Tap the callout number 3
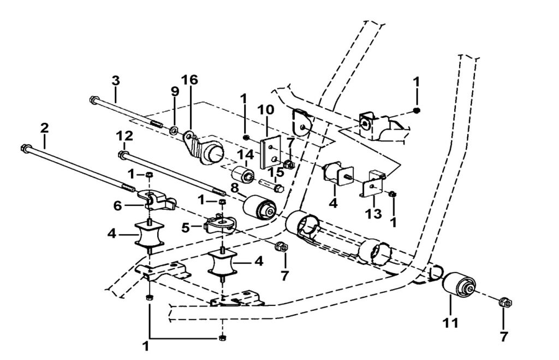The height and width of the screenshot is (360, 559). point(115,80)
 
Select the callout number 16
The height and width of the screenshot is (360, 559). point(189,80)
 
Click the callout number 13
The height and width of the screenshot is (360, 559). point(373,214)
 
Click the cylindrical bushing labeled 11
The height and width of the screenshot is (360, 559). point(458,285)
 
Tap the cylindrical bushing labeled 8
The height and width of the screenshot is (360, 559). point(259,208)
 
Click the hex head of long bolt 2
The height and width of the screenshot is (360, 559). point(25,147)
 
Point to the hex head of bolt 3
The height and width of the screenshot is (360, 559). point(93,100)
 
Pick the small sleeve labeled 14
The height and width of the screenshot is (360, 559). point(243,174)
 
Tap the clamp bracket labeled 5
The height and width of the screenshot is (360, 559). point(220,225)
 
